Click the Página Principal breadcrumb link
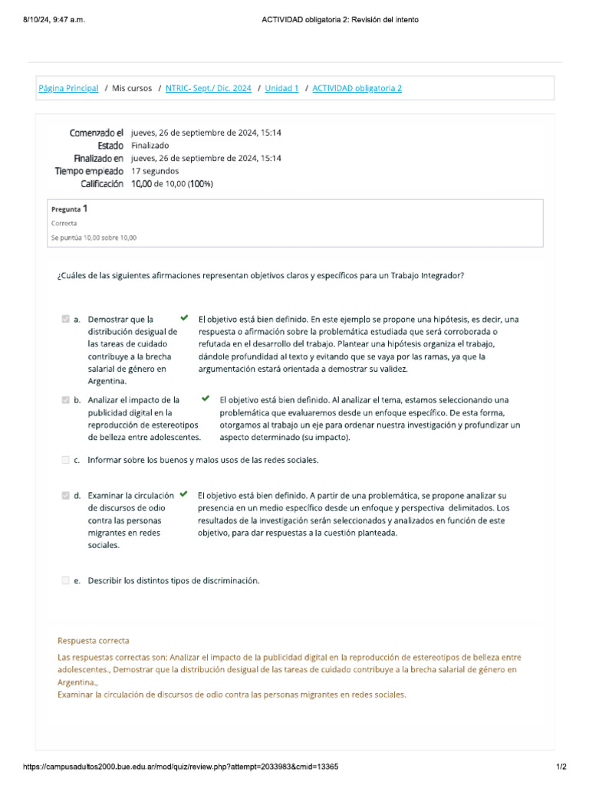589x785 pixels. click(68, 88)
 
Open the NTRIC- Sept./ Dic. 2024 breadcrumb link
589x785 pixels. click(208, 88)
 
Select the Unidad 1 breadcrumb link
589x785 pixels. click(281, 88)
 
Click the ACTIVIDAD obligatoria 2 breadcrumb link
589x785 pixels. click(357, 88)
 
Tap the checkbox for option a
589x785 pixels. click(66, 319)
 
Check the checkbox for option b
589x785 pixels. click(66, 400)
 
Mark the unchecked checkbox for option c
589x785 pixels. click(66, 460)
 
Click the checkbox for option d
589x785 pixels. click(66, 496)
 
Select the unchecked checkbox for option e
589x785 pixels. click(66, 581)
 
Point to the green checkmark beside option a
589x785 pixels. click(183, 317)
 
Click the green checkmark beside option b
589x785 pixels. click(206, 399)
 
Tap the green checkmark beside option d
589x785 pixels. click(183, 494)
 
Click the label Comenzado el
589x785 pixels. click(97, 133)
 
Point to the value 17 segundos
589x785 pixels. click(155, 171)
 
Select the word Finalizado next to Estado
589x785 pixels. click(150, 146)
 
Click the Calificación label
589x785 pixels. click(102, 184)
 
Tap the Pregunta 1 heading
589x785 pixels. click(69, 209)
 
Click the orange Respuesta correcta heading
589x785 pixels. click(94, 641)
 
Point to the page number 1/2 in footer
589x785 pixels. click(561, 767)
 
